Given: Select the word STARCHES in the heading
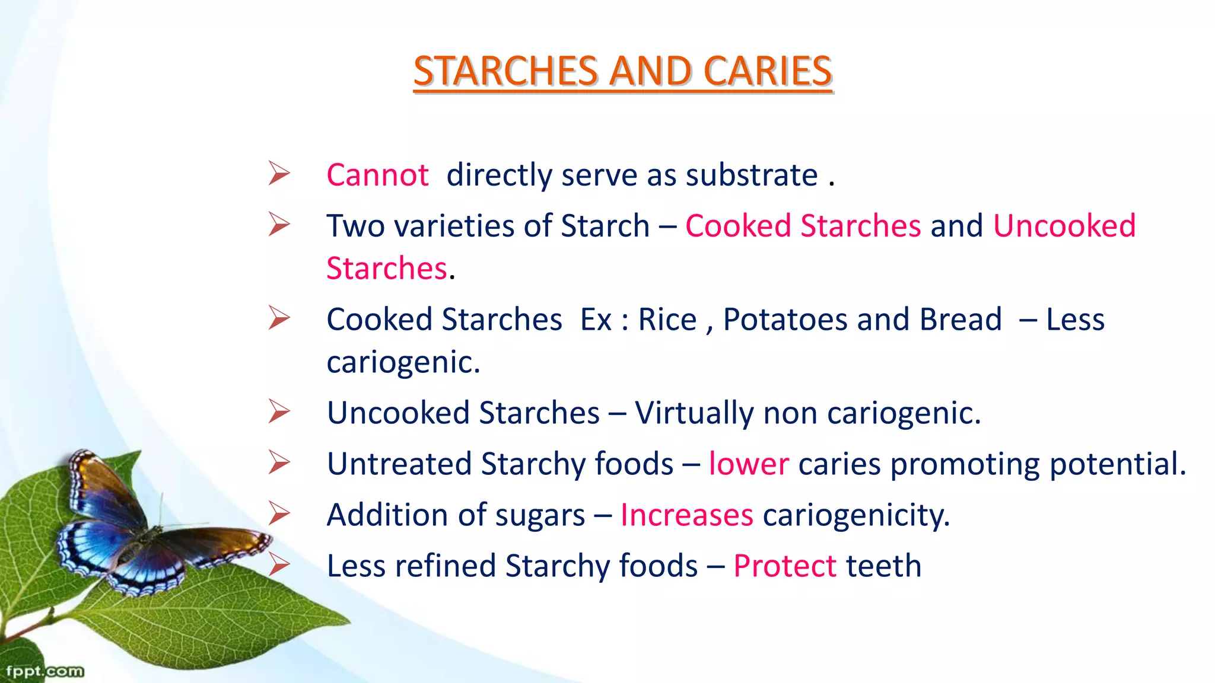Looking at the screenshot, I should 506,71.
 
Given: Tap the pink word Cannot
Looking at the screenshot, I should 377,175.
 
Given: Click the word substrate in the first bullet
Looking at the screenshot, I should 751,175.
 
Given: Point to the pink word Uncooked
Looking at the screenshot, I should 1064,226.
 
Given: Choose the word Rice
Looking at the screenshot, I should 667,320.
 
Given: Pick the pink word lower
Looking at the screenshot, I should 749,464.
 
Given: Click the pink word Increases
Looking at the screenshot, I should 686,515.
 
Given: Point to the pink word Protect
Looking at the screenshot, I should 784,566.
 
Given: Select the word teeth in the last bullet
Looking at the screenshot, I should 883,566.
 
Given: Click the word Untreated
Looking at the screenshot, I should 399,464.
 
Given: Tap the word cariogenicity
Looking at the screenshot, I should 856,515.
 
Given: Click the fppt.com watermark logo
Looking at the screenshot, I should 44,671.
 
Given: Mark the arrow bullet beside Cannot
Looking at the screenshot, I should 279,173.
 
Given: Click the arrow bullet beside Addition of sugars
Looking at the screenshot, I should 279,513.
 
